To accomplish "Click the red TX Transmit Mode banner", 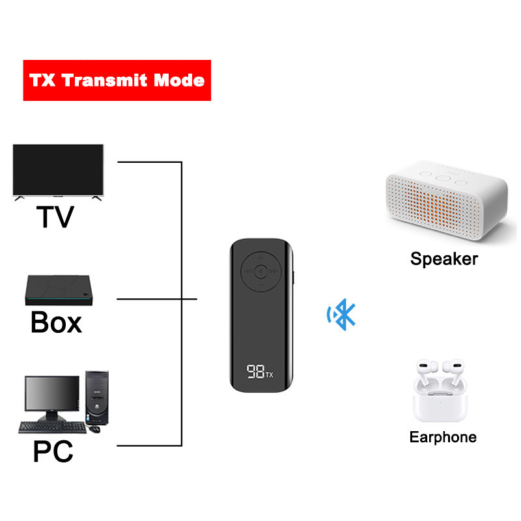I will click(117, 80).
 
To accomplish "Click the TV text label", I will click(55, 217).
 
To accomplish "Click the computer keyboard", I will click(52, 427).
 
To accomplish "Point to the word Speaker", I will click(444, 259).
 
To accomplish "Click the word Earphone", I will click(443, 437).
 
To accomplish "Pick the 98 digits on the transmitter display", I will click(255, 372).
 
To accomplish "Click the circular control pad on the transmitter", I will click(260, 272).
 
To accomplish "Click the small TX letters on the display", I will click(269, 374).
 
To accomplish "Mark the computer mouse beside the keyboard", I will click(96, 429).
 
